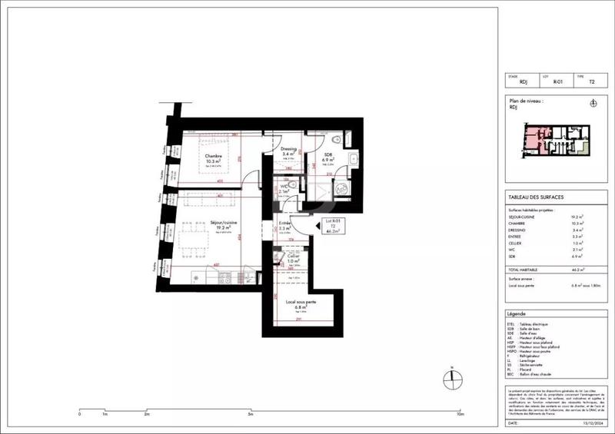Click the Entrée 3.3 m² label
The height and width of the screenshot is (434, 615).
284,227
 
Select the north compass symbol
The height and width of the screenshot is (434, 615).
451,379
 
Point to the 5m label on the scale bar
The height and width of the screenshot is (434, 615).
251,414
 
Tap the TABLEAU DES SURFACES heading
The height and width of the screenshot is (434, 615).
531,197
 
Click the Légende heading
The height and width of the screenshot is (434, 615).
517,315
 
